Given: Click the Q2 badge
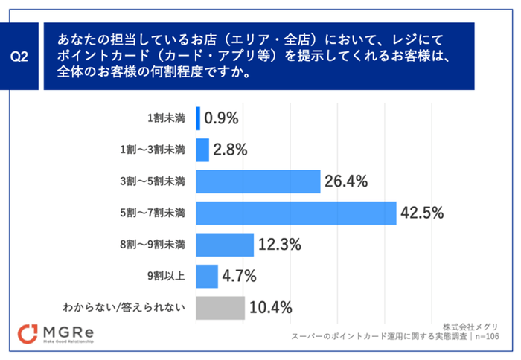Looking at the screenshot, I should [20, 56].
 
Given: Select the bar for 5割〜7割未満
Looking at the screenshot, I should [295, 213].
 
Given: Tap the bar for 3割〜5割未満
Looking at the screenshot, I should [258, 181].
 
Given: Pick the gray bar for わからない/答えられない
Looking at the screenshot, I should [220, 307].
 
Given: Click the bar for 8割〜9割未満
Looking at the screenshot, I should [224, 244].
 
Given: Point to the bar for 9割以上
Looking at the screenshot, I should [206, 276].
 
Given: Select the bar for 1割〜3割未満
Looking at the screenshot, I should [202, 150].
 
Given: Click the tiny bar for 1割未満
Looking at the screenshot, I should [198, 118].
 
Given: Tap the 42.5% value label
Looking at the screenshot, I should [422, 213].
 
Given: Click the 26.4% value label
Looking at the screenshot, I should [346, 181].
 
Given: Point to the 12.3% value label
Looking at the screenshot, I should [279, 244].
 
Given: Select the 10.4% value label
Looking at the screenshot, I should [270, 307].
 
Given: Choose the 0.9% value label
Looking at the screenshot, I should [220, 118].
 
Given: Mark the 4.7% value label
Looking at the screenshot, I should [240, 276].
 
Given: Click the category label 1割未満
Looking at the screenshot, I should [167, 118].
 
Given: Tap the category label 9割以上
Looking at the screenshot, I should [167, 276].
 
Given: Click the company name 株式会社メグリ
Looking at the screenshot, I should [470, 327].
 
